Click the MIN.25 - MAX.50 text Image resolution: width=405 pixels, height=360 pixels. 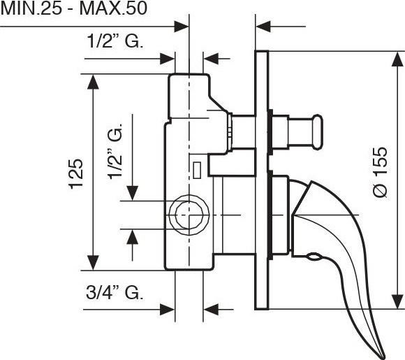74,8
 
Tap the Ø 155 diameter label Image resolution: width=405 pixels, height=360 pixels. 381,173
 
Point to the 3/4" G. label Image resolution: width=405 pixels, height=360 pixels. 115,293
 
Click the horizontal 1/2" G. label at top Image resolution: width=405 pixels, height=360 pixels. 115,41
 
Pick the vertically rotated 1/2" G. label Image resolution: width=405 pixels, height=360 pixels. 115,151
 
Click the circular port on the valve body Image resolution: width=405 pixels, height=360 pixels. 189,215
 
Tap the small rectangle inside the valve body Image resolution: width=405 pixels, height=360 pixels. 198,170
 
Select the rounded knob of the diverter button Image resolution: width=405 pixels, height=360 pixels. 318,132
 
